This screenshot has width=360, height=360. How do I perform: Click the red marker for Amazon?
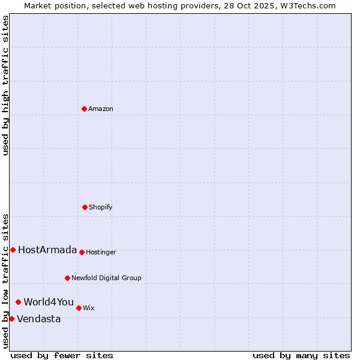click(x=84, y=109)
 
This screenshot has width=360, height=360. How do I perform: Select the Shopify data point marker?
click(x=85, y=207)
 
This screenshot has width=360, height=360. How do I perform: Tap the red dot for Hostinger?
click(x=82, y=252)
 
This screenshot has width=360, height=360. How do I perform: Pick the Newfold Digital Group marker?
click(x=67, y=278)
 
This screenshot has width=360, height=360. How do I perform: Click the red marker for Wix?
click(x=79, y=308)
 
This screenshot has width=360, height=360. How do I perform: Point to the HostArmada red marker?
click(x=13, y=250)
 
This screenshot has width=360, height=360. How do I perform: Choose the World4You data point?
click(x=19, y=302)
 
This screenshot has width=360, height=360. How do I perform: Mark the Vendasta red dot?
click(x=11, y=319)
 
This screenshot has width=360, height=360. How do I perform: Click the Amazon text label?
click(x=101, y=109)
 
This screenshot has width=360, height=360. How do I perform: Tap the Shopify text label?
click(x=101, y=207)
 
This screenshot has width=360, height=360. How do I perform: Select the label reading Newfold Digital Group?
click(x=106, y=278)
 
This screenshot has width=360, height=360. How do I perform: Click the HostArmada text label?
click(x=47, y=250)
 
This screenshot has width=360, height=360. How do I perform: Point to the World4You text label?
click(x=49, y=302)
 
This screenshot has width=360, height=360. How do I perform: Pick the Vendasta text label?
click(x=39, y=319)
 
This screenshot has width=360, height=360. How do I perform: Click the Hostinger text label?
click(x=101, y=252)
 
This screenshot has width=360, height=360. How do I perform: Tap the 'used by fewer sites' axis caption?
click(x=62, y=355)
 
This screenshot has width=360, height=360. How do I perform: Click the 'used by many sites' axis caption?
click(x=301, y=355)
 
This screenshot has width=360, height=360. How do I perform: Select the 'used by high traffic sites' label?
click(x=5, y=85)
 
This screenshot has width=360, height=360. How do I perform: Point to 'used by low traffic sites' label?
click(x=5, y=281)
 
